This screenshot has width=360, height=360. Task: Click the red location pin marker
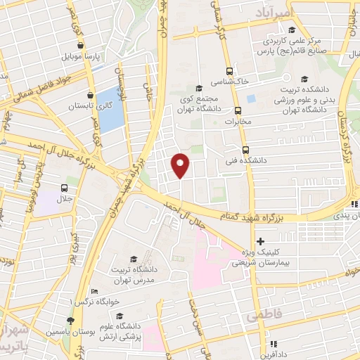pyautogui.click(x=181, y=165)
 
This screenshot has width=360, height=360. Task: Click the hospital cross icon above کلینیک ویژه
pyautogui.click(x=260, y=242)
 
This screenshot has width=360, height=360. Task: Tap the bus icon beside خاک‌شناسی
pyautogui.click(x=229, y=71)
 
